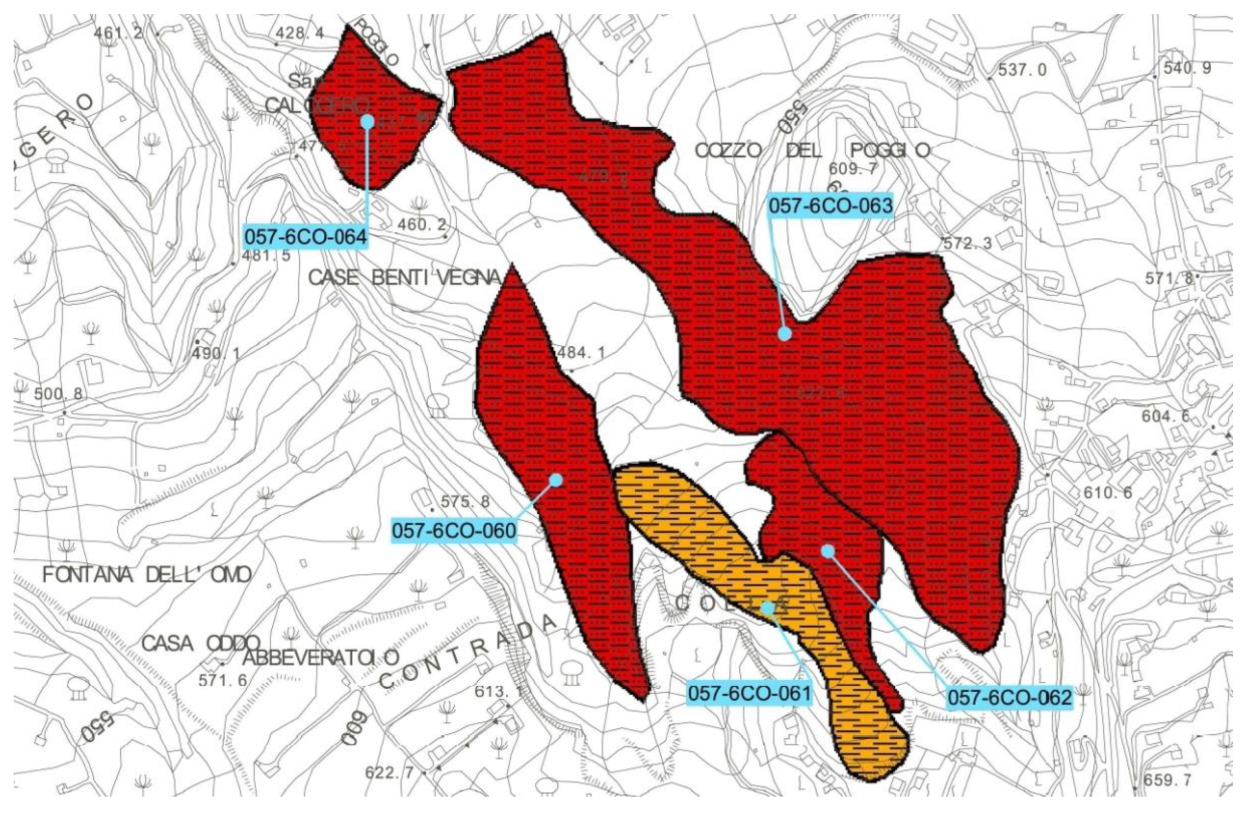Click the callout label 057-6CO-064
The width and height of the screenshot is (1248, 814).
tap(305, 237)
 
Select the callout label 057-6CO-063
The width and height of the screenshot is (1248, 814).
tap(831, 206)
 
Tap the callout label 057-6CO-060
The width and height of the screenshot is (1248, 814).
tap(454, 531)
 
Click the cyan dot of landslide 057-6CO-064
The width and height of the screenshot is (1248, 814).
tap(367, 122)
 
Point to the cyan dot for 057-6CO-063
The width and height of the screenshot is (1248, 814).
tap(785, 334)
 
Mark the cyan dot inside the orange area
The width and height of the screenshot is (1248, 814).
tap(767, 608)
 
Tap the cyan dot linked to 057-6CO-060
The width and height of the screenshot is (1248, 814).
tap(556, 480)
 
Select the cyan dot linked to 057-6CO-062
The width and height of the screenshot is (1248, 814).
tap(827, 551)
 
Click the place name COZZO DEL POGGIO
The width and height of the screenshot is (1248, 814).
tap(812, 151)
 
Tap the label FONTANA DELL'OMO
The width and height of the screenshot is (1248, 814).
tap(147, 575)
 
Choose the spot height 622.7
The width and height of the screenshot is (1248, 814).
tap(390, 773)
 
